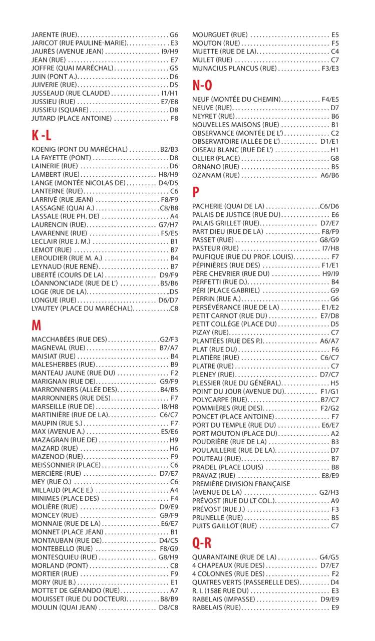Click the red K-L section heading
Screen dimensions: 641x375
coord(42,135)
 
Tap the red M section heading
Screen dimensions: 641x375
coord(36,326)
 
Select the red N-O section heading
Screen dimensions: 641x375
coord(202,86)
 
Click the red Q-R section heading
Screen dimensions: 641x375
coord(202,543)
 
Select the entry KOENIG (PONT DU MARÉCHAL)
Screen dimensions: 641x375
coord(79,149)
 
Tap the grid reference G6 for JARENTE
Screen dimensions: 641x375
coord(174,35)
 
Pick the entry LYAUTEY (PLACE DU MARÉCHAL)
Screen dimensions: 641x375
coord(82,308)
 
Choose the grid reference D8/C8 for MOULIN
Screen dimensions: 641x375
coord(168,607)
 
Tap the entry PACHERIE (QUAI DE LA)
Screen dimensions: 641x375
coord(228,206)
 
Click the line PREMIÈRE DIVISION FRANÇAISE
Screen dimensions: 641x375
coord(241,484)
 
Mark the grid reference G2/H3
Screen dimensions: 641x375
coord(329,493)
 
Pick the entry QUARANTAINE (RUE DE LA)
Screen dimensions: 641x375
coord(234,557)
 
